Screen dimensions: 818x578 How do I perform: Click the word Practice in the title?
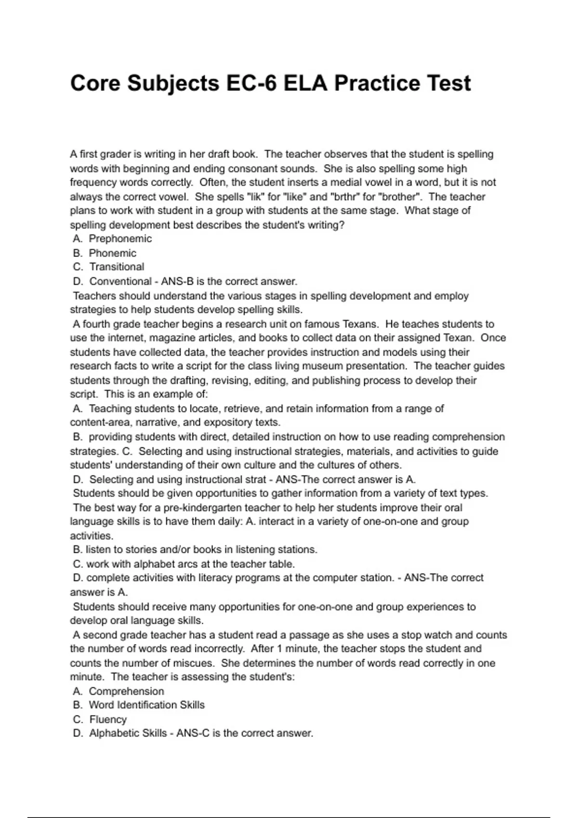368,83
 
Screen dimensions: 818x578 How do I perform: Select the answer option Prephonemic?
120,239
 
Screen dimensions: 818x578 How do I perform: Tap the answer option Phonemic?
112,253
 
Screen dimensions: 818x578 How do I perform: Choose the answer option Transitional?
117,267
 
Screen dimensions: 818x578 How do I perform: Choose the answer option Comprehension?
126,691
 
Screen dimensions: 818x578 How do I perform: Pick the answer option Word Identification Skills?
146,705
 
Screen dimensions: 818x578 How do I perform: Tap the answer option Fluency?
108,719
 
